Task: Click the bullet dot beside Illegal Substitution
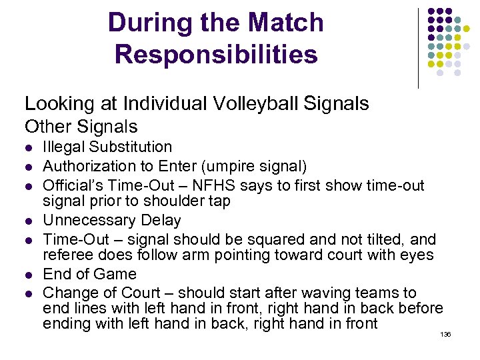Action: [x=29, y=148]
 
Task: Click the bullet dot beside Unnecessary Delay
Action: [x=29, y=221]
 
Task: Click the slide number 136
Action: [x=445, y=334]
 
